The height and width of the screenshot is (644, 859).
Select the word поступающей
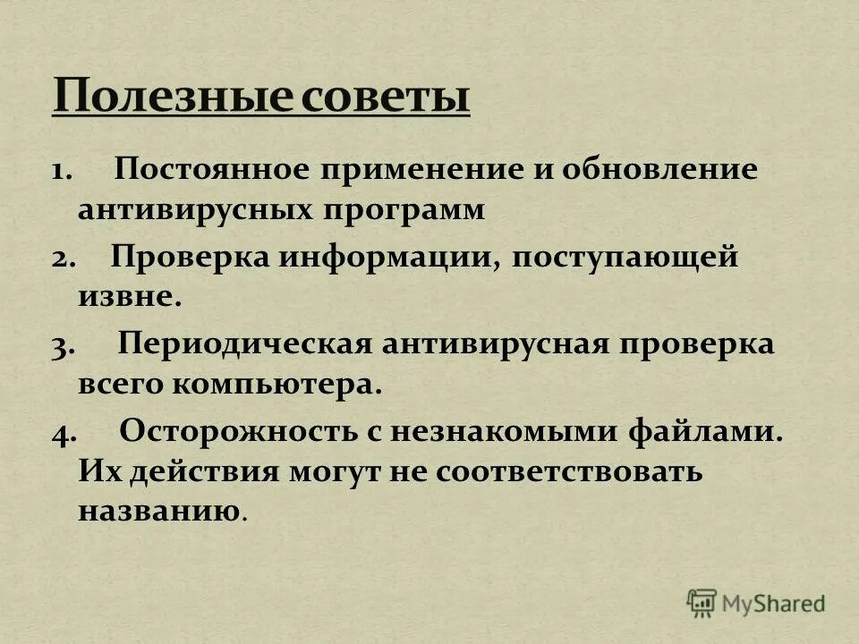click(x=626, y=258)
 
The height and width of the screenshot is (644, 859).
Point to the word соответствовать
click(x=568, y=472)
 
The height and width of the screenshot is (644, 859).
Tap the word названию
click(x=159, y=512)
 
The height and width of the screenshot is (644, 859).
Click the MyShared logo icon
click(x=702, y=602)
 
